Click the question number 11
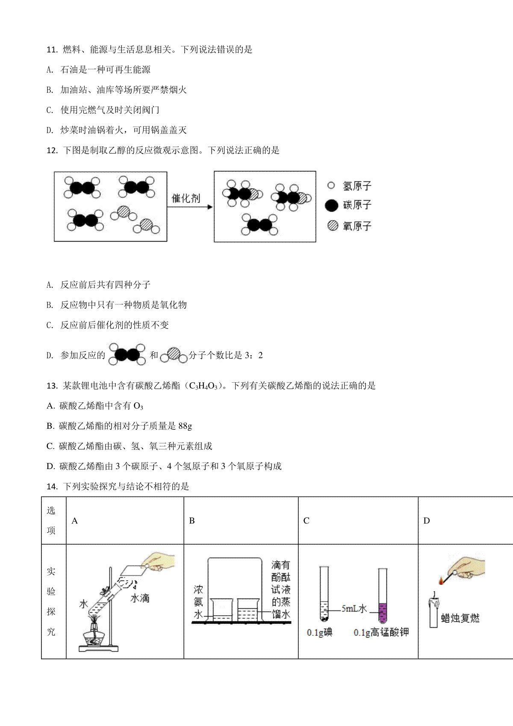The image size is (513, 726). click(52, 50)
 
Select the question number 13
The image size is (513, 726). click(52, 386)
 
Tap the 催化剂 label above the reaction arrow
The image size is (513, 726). click(186, 198)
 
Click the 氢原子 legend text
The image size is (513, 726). click(357, 186)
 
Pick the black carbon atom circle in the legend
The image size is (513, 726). click(331, 206)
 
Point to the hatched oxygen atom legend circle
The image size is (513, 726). click(333, 225)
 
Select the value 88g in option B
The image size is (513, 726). click(185, 426)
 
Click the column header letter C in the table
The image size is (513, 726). click(306, 521)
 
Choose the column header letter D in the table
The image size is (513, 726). click(427, 521)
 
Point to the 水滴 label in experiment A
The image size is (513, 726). click(140, 598)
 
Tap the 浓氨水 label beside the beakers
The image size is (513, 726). click(198, 602)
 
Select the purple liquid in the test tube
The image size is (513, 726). click(383, 613)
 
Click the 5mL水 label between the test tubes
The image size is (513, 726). click(354, 608)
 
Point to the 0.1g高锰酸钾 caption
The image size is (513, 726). click(381, 632)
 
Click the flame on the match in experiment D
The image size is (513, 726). click(441, 581)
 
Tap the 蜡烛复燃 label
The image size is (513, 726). click(460, 618)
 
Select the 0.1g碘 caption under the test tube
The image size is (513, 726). click(320, 632)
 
